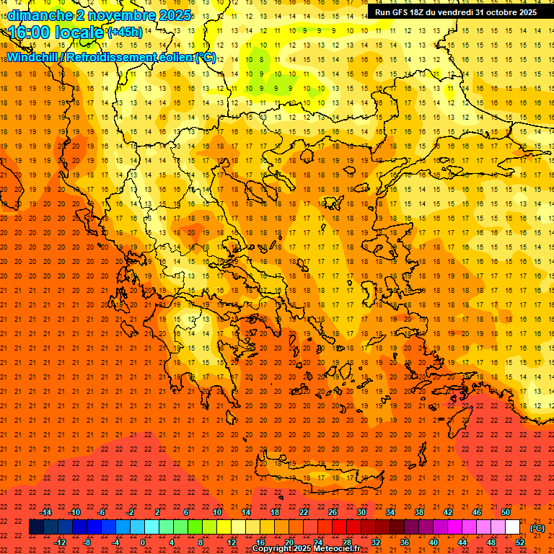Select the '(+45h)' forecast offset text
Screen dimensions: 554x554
[125, 32]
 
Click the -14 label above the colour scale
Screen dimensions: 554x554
[46, 512]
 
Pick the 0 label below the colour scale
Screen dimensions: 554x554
[143, 542]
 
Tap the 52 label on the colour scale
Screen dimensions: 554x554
[520, 542]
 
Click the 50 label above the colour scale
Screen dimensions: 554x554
[506, 512]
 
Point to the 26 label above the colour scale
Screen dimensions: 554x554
[333, 512]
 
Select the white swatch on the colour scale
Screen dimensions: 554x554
[513, 527]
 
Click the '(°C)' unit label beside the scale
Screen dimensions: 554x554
[537, 528]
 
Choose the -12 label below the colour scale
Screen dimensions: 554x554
[61, 542]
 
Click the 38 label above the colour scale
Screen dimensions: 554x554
[419, 512]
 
